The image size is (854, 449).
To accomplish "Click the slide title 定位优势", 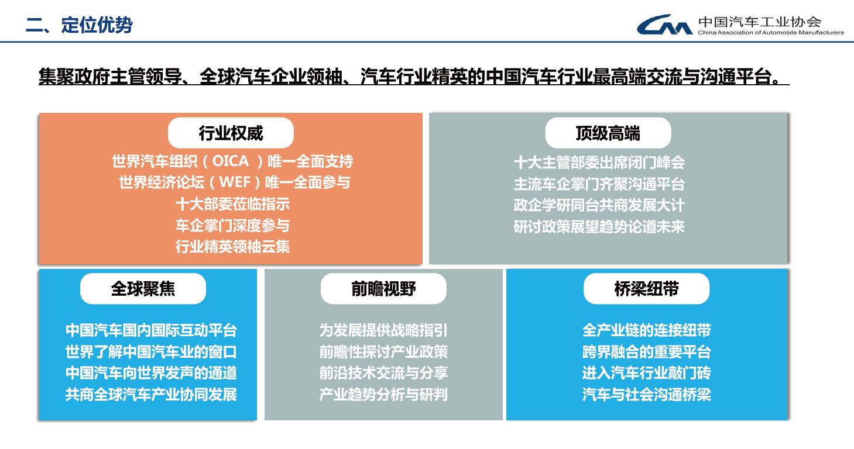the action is point(97,25).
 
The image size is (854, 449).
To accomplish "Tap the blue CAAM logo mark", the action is point(665,25).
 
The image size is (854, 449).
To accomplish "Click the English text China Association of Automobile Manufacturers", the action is point(770,33).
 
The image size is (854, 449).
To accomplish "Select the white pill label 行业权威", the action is point(231,133).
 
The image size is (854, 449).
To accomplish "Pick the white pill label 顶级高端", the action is point(608,133).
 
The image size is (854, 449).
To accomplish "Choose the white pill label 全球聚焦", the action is point(143,289).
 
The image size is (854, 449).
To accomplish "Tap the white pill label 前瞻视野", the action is point(383,289).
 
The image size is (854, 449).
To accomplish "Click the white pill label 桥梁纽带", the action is point(647,289).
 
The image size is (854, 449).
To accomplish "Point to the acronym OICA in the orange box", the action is point(231,161).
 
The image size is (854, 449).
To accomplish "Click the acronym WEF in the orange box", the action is point(235,182).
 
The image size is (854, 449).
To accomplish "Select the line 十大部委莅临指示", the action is point(232,204).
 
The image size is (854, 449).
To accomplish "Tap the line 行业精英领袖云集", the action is point(232,247).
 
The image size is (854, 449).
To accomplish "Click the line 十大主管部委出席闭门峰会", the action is point(599,163).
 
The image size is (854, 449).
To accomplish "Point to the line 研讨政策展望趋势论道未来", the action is point(599,227).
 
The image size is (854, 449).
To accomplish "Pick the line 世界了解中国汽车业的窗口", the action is point(151,352).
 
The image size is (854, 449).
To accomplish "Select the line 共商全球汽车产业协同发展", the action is point(151,395).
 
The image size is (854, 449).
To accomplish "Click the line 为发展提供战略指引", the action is point(383,330).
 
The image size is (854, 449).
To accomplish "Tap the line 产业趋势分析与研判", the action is point(383,395).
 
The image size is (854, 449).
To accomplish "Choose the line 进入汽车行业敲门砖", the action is point(647,373).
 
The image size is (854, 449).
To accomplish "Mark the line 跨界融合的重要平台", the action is point(647,352).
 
